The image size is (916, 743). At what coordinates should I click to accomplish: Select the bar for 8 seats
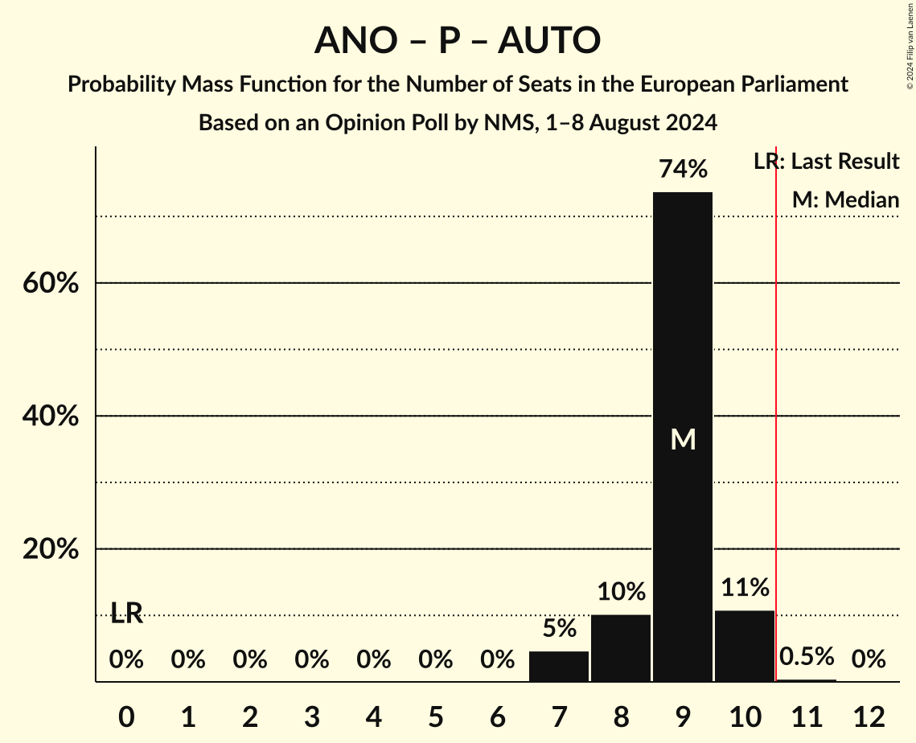point(620,648)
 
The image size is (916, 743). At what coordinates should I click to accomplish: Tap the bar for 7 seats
point(558,667)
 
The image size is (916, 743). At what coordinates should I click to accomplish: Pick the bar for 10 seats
point(744,646)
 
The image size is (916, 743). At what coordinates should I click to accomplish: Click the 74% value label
point(682,170)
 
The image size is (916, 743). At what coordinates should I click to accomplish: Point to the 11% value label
point(744,588)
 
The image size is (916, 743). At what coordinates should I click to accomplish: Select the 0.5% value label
point(806,657)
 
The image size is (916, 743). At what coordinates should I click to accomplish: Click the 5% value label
point(558,628)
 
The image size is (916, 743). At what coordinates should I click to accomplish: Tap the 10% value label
point(620,592)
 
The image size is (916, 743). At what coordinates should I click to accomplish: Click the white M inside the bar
point(683,439)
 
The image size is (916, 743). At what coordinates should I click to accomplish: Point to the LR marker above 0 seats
point(126,614)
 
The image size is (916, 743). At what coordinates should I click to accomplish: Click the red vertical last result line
point(776,402)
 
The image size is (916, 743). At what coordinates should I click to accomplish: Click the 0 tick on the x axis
point(126,716)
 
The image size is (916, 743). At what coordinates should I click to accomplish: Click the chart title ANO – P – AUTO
point(457,40)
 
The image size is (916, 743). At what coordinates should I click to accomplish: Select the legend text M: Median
point(845,199)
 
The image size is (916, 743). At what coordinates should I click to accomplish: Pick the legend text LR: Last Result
point(826,162)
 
